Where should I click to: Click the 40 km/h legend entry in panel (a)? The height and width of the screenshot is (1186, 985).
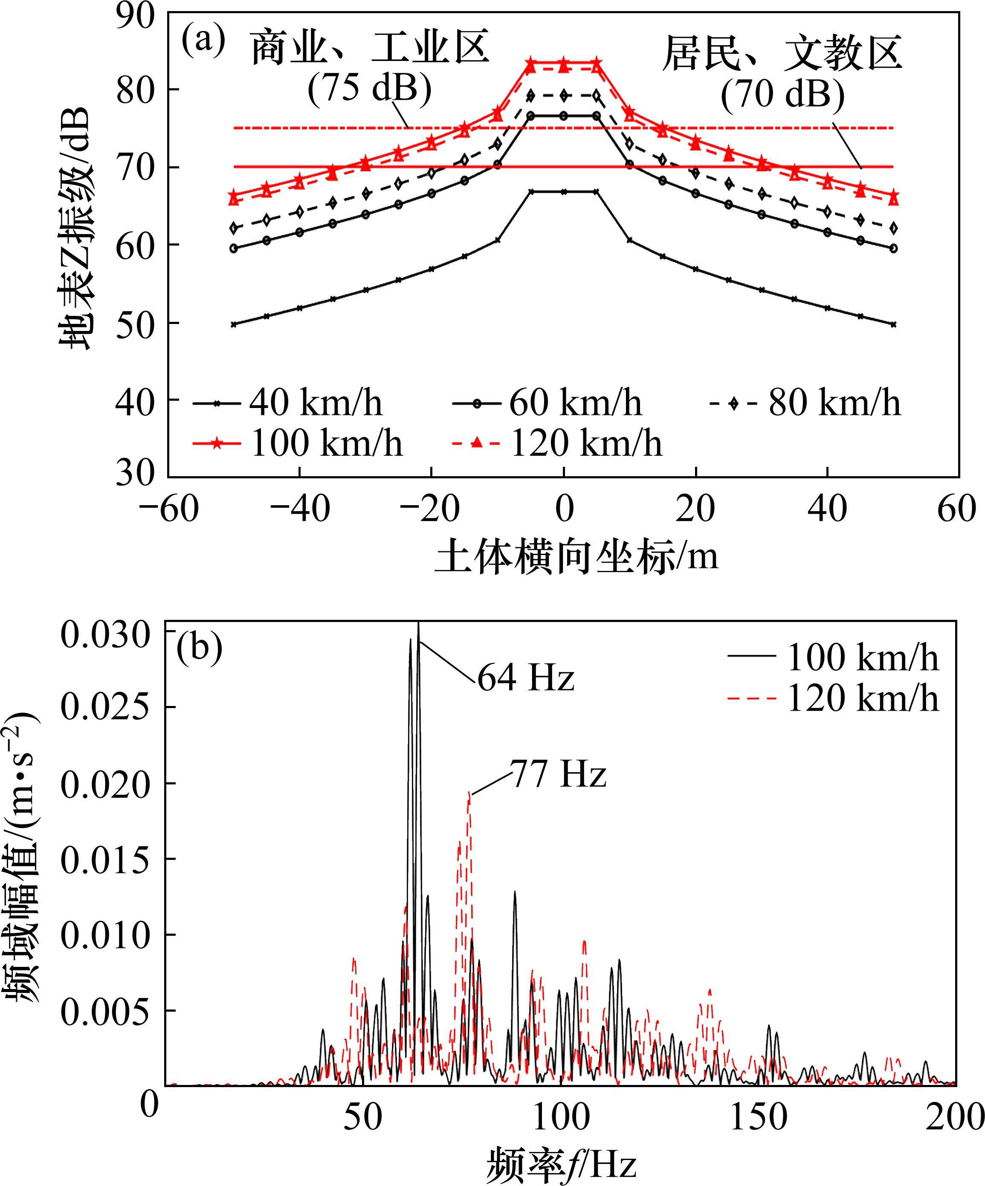[x=288, y=403]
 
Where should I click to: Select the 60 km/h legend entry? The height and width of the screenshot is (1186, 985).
[x=548, y=403]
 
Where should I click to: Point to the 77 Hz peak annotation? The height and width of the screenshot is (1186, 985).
[x=559, y=773]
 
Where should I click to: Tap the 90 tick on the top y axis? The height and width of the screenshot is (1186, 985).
[x=136, y=16]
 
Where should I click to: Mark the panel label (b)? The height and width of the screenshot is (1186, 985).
[x=199, y=649]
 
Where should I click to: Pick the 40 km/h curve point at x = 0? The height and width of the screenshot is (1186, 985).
[x=564, y=191]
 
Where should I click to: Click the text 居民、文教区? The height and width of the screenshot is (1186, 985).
[x=782, y=53]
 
